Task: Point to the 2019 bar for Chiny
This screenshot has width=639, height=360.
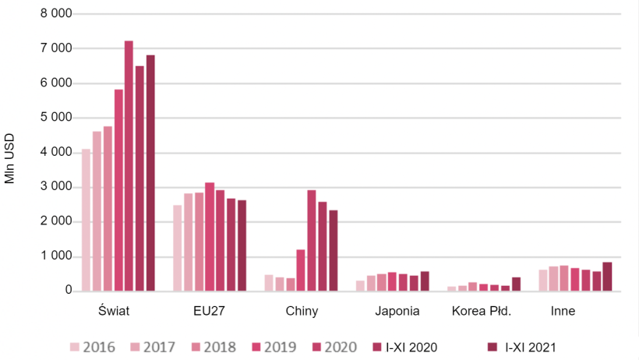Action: (301, 270)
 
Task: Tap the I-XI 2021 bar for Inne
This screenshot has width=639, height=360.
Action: (607, 276)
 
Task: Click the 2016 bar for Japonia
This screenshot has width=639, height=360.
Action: (360, 285)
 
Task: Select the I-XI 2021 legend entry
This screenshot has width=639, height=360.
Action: (524, 347)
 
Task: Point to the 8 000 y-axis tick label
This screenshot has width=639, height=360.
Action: (55, 14)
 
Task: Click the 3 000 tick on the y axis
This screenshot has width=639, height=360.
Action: (55, 187)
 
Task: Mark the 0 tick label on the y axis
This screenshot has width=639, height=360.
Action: (68, 291)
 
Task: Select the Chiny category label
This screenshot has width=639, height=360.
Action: (302, 312)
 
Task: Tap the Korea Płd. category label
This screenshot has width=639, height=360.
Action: (482, 312)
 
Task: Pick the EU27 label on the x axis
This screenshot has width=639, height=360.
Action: (209, 312)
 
